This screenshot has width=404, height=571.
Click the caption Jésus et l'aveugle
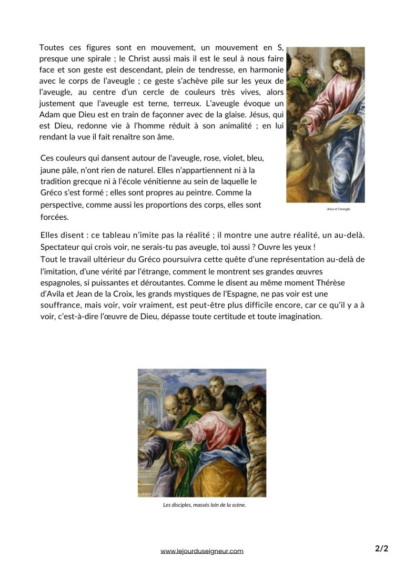338,209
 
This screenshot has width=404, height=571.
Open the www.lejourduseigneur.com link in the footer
202,551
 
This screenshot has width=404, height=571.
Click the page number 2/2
382,549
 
